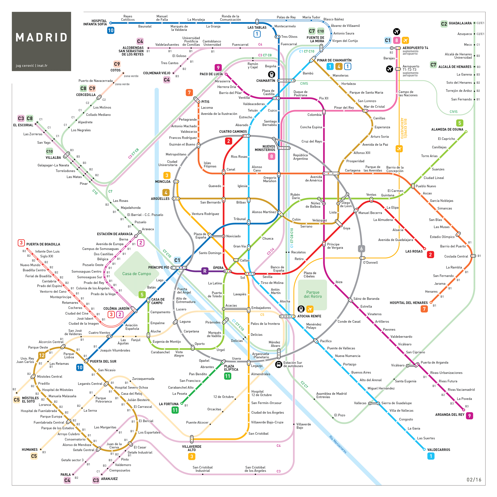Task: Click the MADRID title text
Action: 41,38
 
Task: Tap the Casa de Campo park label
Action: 137,274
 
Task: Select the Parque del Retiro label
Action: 313,294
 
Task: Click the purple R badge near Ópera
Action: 205,271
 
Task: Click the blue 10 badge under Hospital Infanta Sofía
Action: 111,30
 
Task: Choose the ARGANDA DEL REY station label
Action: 450,415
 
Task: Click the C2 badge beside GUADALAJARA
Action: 444,24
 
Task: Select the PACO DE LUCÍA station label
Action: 211,74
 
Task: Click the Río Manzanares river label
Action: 338,444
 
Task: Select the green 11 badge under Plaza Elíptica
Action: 228,376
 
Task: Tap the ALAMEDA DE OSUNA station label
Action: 447,129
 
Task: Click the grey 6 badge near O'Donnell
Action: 361,248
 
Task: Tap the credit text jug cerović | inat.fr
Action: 32,66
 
